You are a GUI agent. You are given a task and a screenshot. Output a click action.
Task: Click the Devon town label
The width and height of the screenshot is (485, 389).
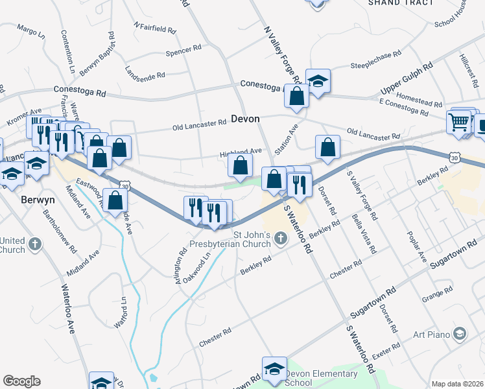pos(245,119)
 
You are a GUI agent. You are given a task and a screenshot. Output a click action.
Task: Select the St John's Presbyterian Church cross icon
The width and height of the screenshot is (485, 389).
pos(281,239)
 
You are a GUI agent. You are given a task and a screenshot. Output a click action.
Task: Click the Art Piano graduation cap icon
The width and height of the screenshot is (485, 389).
pos(460,333)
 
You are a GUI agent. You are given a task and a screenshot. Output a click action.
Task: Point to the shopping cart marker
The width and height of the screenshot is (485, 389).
pos(458,121)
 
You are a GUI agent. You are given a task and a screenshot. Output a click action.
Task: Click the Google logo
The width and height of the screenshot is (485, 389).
pos(21,381)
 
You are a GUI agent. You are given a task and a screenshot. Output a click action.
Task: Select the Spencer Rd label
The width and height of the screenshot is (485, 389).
pos(183,51)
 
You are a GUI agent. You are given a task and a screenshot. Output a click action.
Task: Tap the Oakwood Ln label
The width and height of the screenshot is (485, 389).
pos(198,265)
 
